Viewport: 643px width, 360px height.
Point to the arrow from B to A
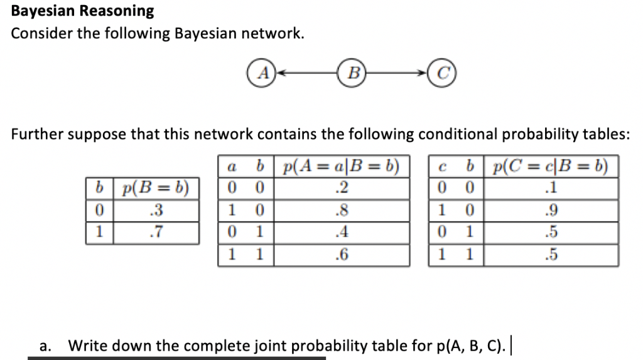(x=308, y=73)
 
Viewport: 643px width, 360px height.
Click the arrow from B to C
(x=397, y=73)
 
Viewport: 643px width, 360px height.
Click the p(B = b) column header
(x=156, y=188)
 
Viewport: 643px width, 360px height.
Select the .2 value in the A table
(x=342, y=188)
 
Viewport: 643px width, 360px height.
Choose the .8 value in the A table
(x=342, y=209)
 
